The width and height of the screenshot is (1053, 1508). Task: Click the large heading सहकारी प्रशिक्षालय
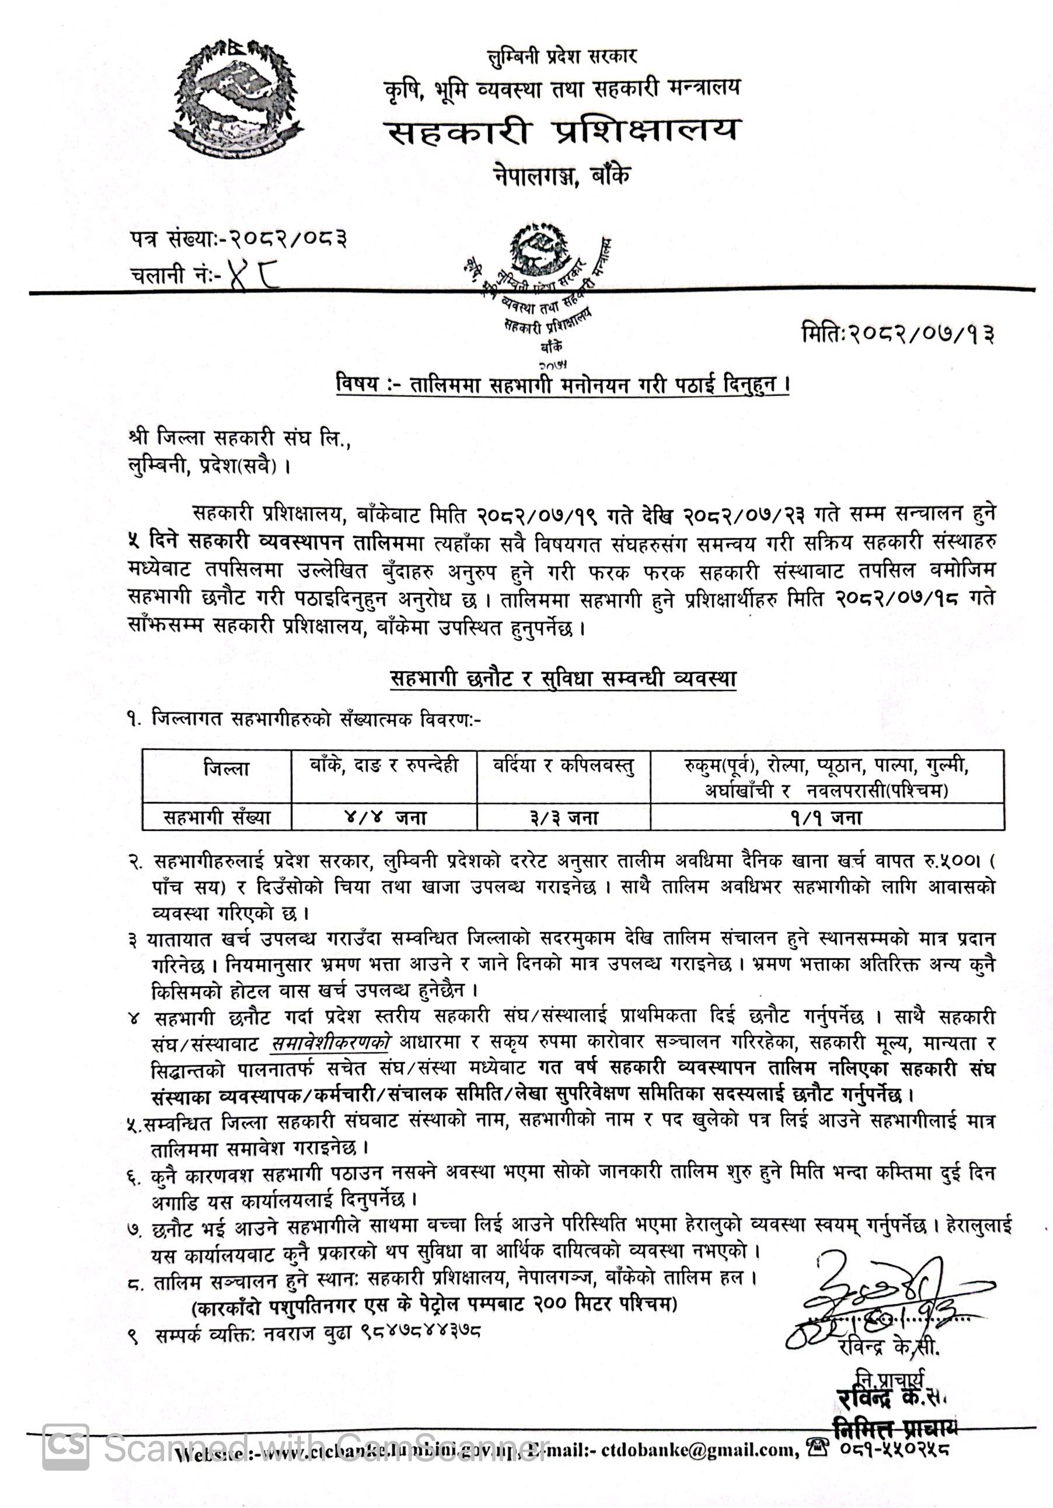[x=562, y=132]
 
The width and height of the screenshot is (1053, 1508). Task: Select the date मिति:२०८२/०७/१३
[x=897, y=334]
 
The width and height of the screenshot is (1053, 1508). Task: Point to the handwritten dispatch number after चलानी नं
[x=252, y=276]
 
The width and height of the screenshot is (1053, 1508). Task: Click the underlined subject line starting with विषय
[x=562, y=383]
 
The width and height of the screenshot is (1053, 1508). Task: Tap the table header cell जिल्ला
[x=226, y=769]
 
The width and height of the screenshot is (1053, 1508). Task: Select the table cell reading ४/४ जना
[x=384, y=818]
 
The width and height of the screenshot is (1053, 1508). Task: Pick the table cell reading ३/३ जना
[x=564, y=818]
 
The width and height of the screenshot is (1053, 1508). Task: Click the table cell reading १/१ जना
[x=826, y=818]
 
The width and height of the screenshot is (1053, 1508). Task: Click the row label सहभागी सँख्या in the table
[x=217, y=818]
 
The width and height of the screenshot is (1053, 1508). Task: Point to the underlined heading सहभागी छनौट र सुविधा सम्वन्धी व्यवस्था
[x=563, y=679]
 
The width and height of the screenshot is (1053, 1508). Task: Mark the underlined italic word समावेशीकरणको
[x=330, y=1042]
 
